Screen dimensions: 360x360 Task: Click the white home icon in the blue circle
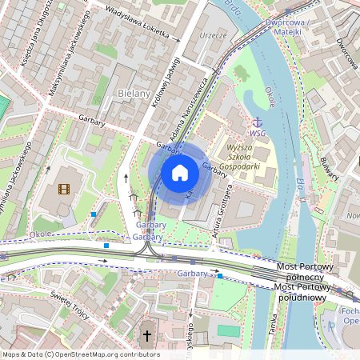[x=180, y=173]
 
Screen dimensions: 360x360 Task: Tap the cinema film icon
[x=64, y=190]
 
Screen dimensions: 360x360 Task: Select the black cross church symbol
[x=146, y=336]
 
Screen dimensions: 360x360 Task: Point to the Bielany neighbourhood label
[x=134, y=94]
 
